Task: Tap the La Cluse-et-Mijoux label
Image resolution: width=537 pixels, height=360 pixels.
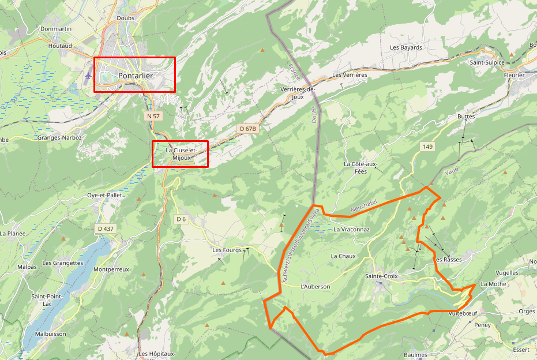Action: click(x=181, y=153)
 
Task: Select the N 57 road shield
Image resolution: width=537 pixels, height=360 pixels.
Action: click(x=153, y=116)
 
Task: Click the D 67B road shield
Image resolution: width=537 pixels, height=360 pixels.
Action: click(x=246, y=129)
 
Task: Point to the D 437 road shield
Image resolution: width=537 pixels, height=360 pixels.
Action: click(x=106, y=228)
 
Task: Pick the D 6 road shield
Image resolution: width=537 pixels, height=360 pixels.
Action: click(x=181, y=219)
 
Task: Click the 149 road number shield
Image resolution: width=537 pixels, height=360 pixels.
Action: click(x=427, y=147)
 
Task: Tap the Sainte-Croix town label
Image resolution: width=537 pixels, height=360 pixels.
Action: click(x=381, y=276)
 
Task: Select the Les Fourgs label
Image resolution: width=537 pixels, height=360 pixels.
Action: click(x=227, y=250)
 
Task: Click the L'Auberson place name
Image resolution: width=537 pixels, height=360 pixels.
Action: click(x=316, y=286)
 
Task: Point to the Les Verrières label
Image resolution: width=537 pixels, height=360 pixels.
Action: click(x=350, y=75)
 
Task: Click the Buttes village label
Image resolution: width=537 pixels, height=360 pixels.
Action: click(x=465, y=117)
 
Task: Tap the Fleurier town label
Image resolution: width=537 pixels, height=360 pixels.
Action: click(x=514, y=75)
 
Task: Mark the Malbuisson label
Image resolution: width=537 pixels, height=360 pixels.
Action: click(x=50, y=333)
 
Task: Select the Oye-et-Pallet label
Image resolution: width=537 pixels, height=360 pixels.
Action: click(x=104, y=195)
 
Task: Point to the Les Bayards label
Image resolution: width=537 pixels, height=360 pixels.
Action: click(x=406, y=47)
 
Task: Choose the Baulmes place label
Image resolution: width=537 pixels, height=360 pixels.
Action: click(x=415, y=355)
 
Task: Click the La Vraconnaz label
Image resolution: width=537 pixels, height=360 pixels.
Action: click(x=351, y=229)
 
